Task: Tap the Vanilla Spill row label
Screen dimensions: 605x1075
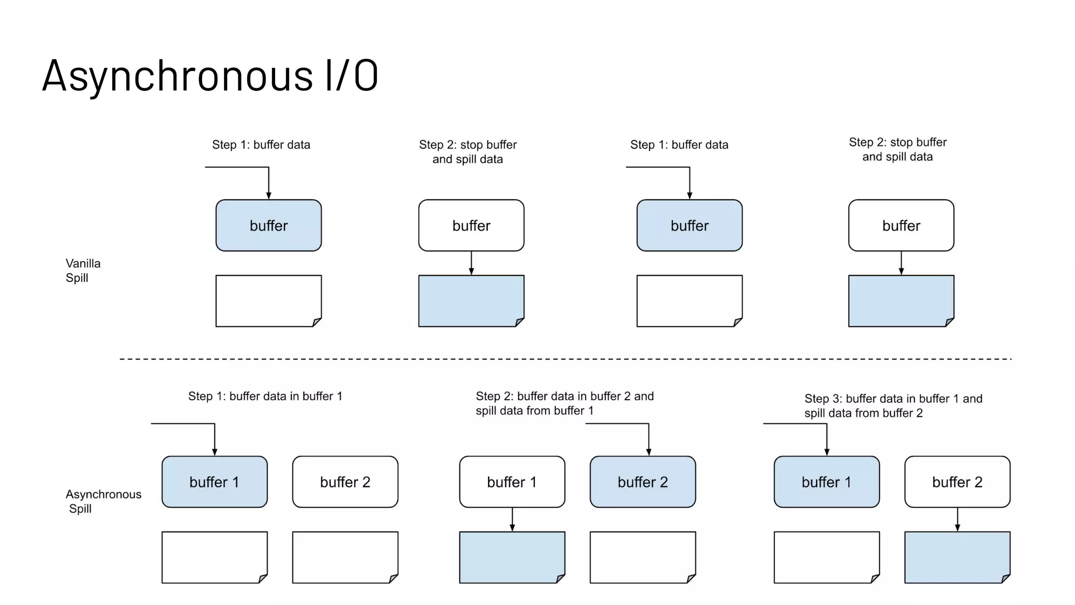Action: (82, 270)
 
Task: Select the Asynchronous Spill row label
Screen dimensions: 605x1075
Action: (103, 501)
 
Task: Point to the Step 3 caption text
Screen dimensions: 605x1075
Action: (892, 406)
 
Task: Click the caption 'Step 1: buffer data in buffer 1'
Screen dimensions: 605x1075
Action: (265, 397)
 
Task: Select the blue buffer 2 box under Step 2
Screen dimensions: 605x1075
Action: (642, 482)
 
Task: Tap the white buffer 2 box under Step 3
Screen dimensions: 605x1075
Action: (957, 482)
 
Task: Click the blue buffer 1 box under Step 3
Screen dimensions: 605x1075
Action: (826, 482)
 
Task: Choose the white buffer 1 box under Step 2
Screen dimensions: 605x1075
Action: (512, 482)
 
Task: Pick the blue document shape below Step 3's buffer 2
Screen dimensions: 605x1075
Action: (957, 557)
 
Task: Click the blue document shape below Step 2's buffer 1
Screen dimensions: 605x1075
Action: (512, 557)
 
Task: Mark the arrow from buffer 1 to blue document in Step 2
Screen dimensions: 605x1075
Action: (512, 519)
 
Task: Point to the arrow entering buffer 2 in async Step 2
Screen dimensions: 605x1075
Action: (648, 439)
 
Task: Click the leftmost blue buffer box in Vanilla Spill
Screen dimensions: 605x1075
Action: (268, 225)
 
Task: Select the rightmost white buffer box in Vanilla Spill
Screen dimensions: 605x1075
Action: (901, 225)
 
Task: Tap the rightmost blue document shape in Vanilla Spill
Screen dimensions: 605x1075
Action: (901, 301)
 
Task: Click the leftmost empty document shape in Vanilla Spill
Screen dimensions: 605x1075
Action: (268, 301)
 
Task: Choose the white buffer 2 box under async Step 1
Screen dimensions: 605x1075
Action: (345, 482)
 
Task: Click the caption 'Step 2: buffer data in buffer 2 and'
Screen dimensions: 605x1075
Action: (564, 397)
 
